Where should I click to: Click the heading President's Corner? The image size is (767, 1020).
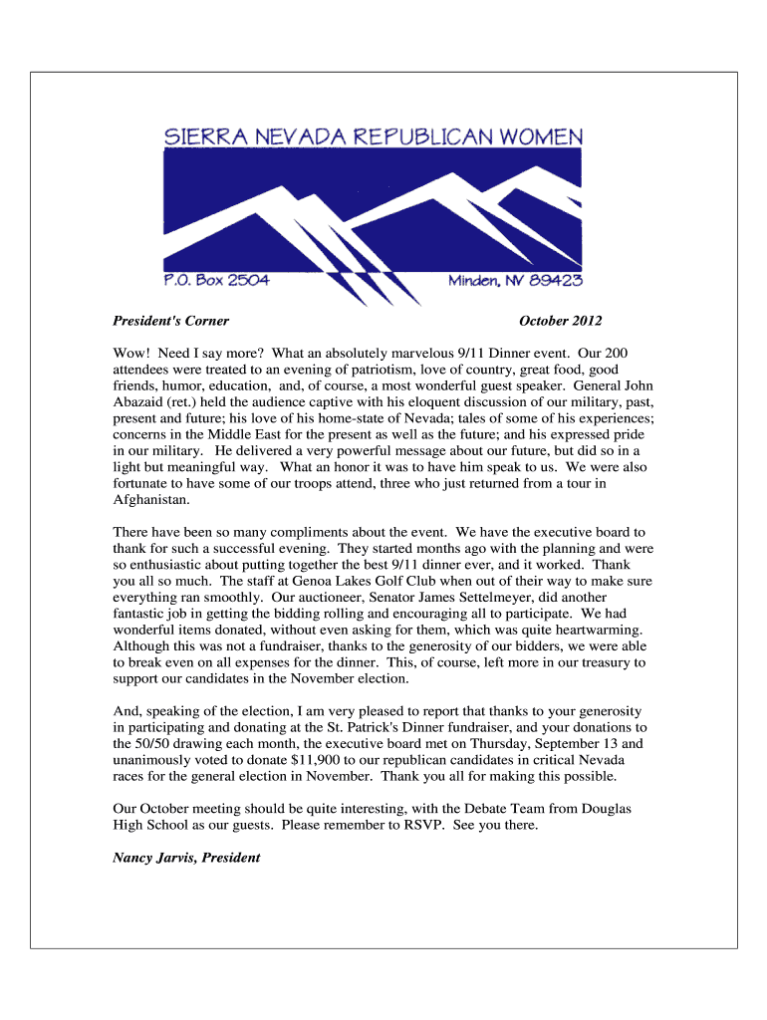click(x=171, y=321)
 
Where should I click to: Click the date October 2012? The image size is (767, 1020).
click(x=560, y=321)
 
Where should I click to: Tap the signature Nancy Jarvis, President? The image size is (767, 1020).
click(x=186, y=857)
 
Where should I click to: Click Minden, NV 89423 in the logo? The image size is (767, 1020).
click(x=515, y=281)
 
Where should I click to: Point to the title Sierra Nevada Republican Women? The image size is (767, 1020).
click(x=374, y=137)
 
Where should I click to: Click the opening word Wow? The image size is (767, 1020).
click(x=131, y=353)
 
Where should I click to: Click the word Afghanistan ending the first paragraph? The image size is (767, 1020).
click(x=149, y=500)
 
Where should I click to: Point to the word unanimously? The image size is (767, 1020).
click(x=153, y=759)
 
